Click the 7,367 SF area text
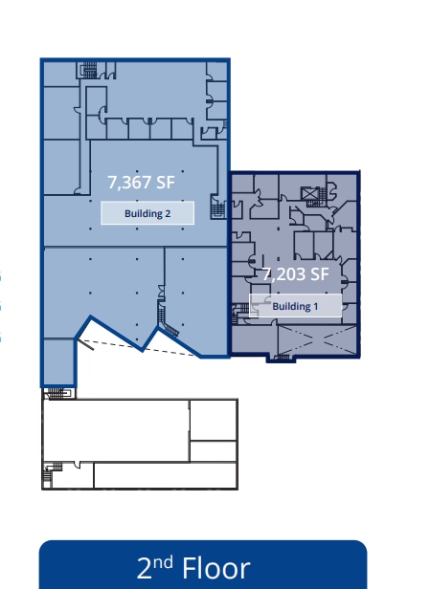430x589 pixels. point(142,181)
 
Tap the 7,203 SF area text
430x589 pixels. point(297,273)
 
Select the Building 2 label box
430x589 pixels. point(147,213)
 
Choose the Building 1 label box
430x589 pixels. point(295,306)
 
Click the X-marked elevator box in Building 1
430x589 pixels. point(309,194)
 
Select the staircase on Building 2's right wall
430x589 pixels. point(218,206)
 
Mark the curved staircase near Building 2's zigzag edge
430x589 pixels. point(165,324)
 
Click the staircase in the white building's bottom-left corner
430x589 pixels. point(49,472)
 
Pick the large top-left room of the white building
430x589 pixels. point(116,429)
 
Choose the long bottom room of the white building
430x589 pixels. point(163,475)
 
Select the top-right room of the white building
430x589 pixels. point(213,419)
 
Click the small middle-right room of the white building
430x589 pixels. point(213,450)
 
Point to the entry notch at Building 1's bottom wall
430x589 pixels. point(281,359)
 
